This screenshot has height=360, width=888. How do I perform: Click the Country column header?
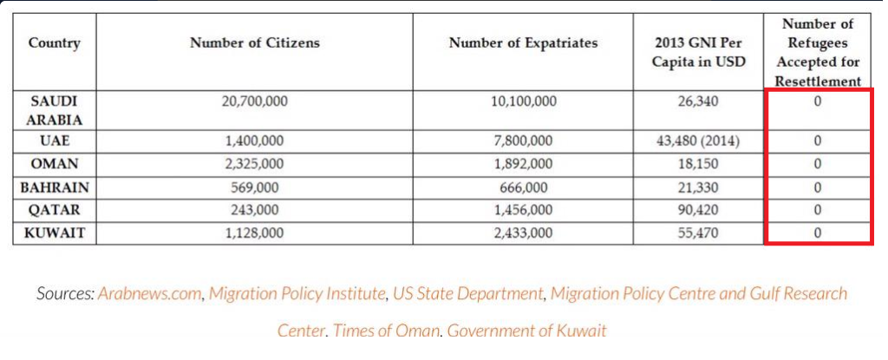[55, 43]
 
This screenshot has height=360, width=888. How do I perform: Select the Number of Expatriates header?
[523, 43]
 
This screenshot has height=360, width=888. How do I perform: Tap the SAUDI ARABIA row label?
[55, 110]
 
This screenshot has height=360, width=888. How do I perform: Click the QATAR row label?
[55, 210]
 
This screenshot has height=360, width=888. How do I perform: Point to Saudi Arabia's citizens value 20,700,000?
[255, 102]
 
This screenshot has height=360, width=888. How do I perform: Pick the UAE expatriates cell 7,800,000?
[523, 141]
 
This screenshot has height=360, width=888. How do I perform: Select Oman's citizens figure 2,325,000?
[255, 164]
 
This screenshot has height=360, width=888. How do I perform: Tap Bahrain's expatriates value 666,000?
[523, 187]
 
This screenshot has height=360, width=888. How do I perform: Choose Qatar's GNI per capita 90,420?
[698, 210]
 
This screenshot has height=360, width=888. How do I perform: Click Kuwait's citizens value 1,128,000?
[255, 232]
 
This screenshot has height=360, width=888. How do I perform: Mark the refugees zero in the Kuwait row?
[817, 232]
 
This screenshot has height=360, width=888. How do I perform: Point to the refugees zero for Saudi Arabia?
[817, 102]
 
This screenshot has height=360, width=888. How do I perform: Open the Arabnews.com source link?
[149, 294]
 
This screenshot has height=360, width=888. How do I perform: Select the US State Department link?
[467, 294]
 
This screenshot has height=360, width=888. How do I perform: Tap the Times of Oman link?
[386, 330]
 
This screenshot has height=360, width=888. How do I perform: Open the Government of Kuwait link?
[526, 330]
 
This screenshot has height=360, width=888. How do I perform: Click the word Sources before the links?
[65, 294]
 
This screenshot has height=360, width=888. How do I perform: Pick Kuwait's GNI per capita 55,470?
[698, 232]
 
